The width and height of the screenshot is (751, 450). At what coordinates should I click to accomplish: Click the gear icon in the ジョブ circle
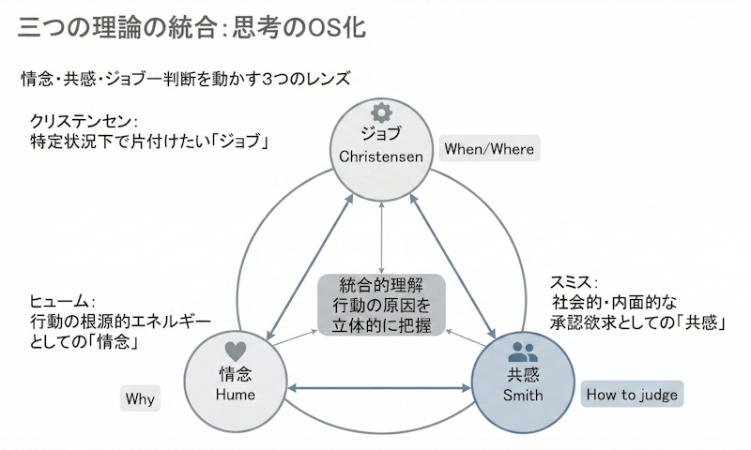[380, 109]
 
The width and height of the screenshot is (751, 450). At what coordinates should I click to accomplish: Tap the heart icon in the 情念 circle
[237, 352]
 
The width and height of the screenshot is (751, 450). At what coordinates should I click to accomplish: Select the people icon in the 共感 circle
[523, 352]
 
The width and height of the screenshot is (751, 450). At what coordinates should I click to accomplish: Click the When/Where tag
[490, 149]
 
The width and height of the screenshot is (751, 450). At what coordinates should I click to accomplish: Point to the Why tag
[140, 399]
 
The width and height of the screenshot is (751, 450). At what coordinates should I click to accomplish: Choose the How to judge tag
[632, 394]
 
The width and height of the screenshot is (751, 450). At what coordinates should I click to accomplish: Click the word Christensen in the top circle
[381, 155]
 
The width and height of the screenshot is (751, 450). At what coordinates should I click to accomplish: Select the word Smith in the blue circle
[523, 396]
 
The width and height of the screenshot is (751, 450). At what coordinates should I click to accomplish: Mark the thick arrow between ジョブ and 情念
[309, 264]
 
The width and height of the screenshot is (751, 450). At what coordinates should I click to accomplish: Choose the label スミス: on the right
[575, 282]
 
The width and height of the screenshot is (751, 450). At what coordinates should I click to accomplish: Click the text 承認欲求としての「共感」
[636, 322]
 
